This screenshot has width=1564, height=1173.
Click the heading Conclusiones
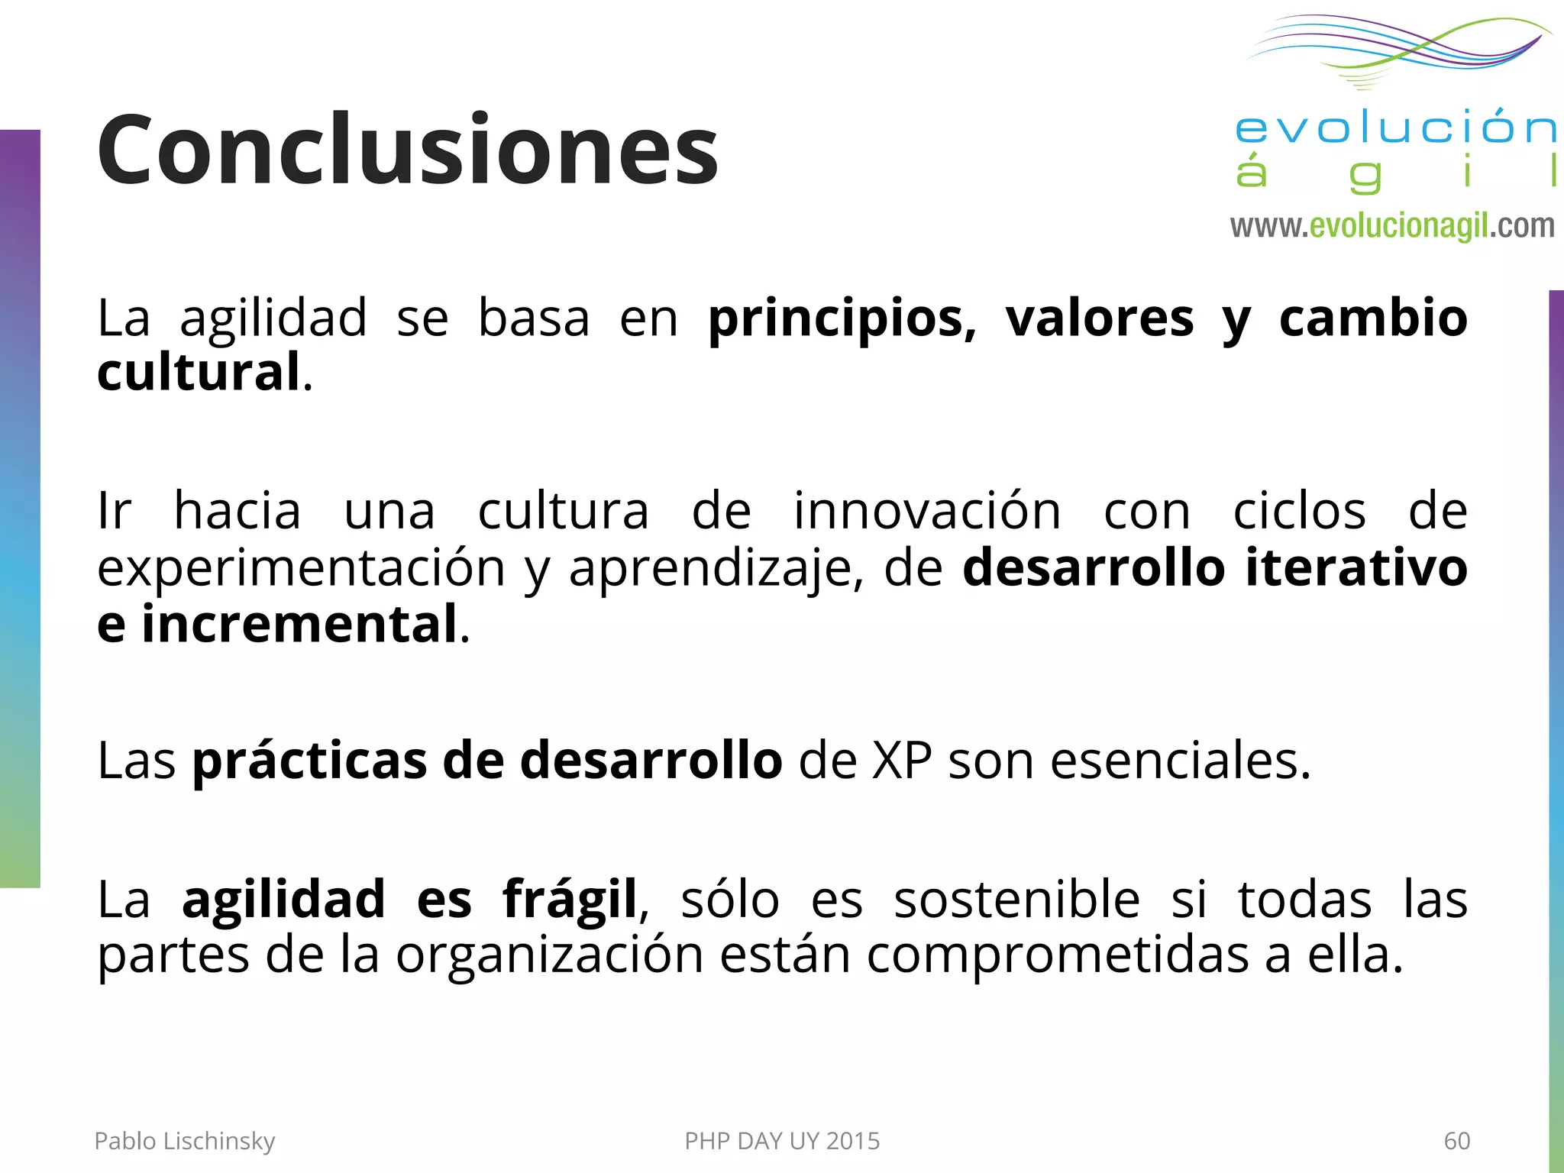[x=407, y=150]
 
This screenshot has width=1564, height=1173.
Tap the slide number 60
[x=1456, y=1141]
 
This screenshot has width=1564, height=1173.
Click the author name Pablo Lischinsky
[x=184, y=1141]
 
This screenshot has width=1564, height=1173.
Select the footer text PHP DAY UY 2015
[x=782, y=1141]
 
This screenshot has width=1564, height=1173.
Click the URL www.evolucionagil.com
[x=1391, y=226]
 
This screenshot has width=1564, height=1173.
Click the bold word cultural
[x=199, y=373]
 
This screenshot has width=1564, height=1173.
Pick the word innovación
[x=927, y=511]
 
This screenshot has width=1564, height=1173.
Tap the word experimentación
[x=301, y=569]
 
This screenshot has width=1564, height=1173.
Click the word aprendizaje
[x=715, y=569]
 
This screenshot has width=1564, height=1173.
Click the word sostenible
[x=1016, y=899]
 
